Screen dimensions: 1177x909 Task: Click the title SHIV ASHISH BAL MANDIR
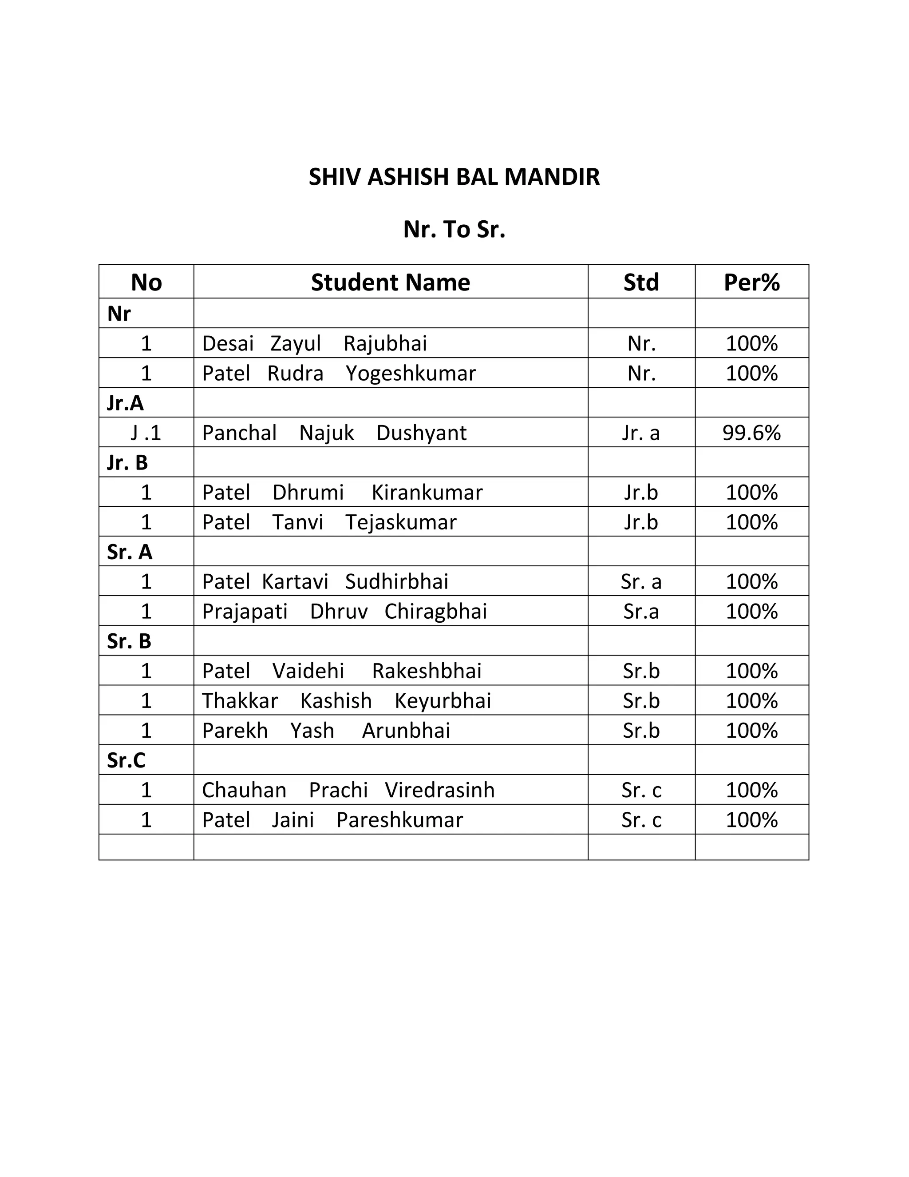454,177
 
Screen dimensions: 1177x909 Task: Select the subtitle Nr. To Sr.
454,230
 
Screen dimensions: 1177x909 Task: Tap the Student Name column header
391,282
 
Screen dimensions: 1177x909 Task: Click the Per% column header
751,282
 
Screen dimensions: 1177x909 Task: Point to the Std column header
641,282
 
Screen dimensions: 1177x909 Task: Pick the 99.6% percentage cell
751,433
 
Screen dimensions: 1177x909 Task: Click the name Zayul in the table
296,343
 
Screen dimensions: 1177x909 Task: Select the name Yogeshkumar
411,374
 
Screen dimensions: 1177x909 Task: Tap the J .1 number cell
146,433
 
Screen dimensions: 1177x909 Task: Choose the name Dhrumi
308,493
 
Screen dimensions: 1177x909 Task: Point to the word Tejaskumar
401,522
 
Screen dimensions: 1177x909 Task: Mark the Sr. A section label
130,552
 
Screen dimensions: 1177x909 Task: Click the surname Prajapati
245,612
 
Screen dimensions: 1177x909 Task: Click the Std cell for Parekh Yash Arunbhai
641,731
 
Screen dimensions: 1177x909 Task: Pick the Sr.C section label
126,760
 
